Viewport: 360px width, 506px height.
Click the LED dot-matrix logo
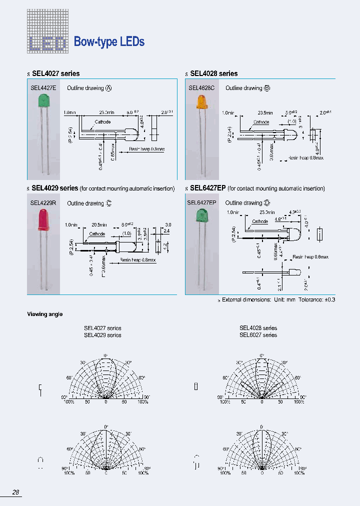[x=47, y=31]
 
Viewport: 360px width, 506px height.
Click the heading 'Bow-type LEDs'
[x=109, y=42]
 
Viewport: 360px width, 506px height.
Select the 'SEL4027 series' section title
[x=55, y=73]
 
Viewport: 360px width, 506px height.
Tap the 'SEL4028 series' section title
[x=213, y=73]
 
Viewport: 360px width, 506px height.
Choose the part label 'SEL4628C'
[x=201, y=88]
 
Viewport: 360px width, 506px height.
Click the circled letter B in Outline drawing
[x=267, y=88]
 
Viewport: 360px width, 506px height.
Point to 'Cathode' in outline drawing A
[x=102, y=121]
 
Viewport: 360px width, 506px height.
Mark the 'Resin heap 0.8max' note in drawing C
[x=137, y=260]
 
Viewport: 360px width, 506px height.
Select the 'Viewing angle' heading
[x=44, y=314]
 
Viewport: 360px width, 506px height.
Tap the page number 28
[x=16, y=492]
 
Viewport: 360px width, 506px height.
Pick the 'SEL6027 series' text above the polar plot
[x=258, y=335]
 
